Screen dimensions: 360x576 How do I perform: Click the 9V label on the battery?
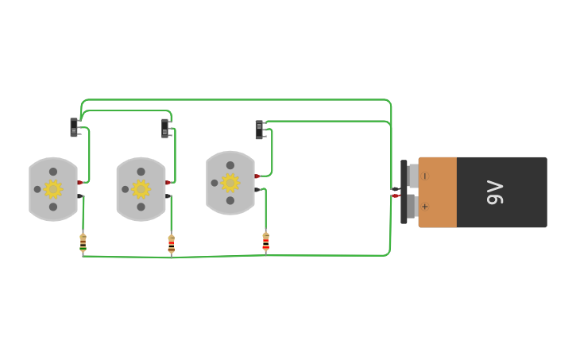click(x=495, y=192)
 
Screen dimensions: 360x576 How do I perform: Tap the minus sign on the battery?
click(x=424, y=176)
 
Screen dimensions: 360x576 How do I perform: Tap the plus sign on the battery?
click(x=424, y=207)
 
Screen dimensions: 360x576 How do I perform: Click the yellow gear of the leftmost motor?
click(x=53, y=189)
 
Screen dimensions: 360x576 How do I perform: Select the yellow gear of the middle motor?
click(x=141, y=189)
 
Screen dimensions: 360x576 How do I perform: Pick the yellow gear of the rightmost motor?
click(x=230, y=183)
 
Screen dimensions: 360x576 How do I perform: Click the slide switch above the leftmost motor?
click(x=74, y=127)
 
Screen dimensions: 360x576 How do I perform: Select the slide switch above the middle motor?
click(x=165, y=128)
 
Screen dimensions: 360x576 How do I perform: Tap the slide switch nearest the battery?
click(x=259, y=130)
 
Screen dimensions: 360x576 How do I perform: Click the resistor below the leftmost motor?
click(x=83, y=242)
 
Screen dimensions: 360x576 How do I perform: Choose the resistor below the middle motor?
click(x=171, y=243)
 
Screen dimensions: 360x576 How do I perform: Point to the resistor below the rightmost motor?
click(x=265, y=241)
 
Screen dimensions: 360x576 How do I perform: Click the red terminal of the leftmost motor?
click(x=80, y=183)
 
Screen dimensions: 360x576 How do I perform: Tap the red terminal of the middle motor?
click(x=168, y=183)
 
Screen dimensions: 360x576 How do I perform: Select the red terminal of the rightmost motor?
click(x=257, y=176)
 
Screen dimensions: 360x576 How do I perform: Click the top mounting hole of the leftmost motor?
click(x=53, y=172)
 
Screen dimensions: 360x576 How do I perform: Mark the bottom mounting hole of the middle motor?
click(x=141, y=207)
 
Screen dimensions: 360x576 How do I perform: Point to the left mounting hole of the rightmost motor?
click(x=215, y=183)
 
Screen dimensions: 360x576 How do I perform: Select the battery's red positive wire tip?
click(x=395, y=195)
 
